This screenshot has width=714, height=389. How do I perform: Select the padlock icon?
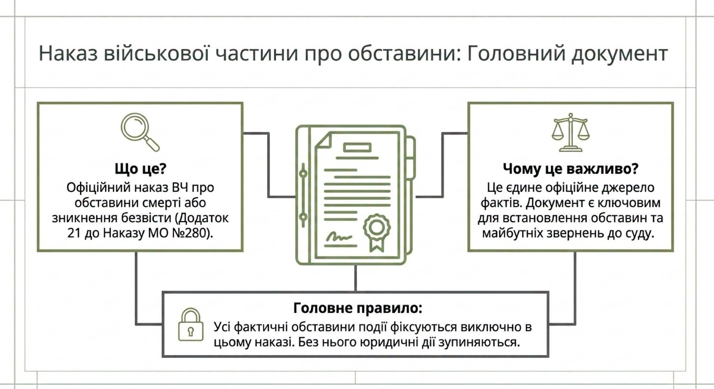190,324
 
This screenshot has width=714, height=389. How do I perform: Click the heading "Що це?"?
140,169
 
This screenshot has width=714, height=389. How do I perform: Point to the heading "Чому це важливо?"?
570,169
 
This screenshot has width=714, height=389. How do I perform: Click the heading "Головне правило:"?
358,308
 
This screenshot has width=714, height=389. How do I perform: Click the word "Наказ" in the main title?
68,54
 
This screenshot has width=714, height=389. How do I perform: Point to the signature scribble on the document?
339,237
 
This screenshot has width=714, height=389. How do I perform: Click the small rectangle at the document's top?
357,147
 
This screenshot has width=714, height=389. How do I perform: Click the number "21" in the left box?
74,233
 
